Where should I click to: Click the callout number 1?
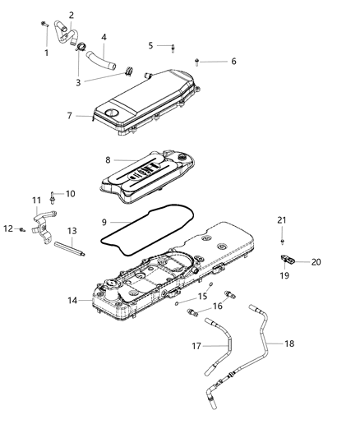46,53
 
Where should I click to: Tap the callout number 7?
70,116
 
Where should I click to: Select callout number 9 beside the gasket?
104,222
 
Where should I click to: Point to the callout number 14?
73,301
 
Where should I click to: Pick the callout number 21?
282,219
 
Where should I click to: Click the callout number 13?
72,231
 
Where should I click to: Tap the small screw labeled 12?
20,229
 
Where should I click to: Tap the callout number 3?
79,83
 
